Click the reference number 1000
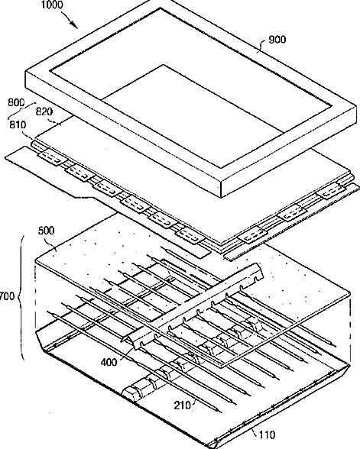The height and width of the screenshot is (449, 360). [52, 5]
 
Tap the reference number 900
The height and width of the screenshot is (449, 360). [277, 39]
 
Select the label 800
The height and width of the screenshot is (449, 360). [16, 102]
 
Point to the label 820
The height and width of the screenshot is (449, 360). [44, 112]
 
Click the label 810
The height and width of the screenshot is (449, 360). [18, 125]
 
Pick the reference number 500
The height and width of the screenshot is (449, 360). [46, 231]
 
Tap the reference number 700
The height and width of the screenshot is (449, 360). [7, 296]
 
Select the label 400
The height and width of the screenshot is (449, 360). [109, 362]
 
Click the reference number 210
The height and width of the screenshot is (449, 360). [183, 405]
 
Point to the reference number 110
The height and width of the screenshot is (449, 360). [267, 435]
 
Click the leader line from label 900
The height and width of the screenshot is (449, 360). [262, 46]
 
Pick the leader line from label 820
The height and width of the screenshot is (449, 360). [57, 121]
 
